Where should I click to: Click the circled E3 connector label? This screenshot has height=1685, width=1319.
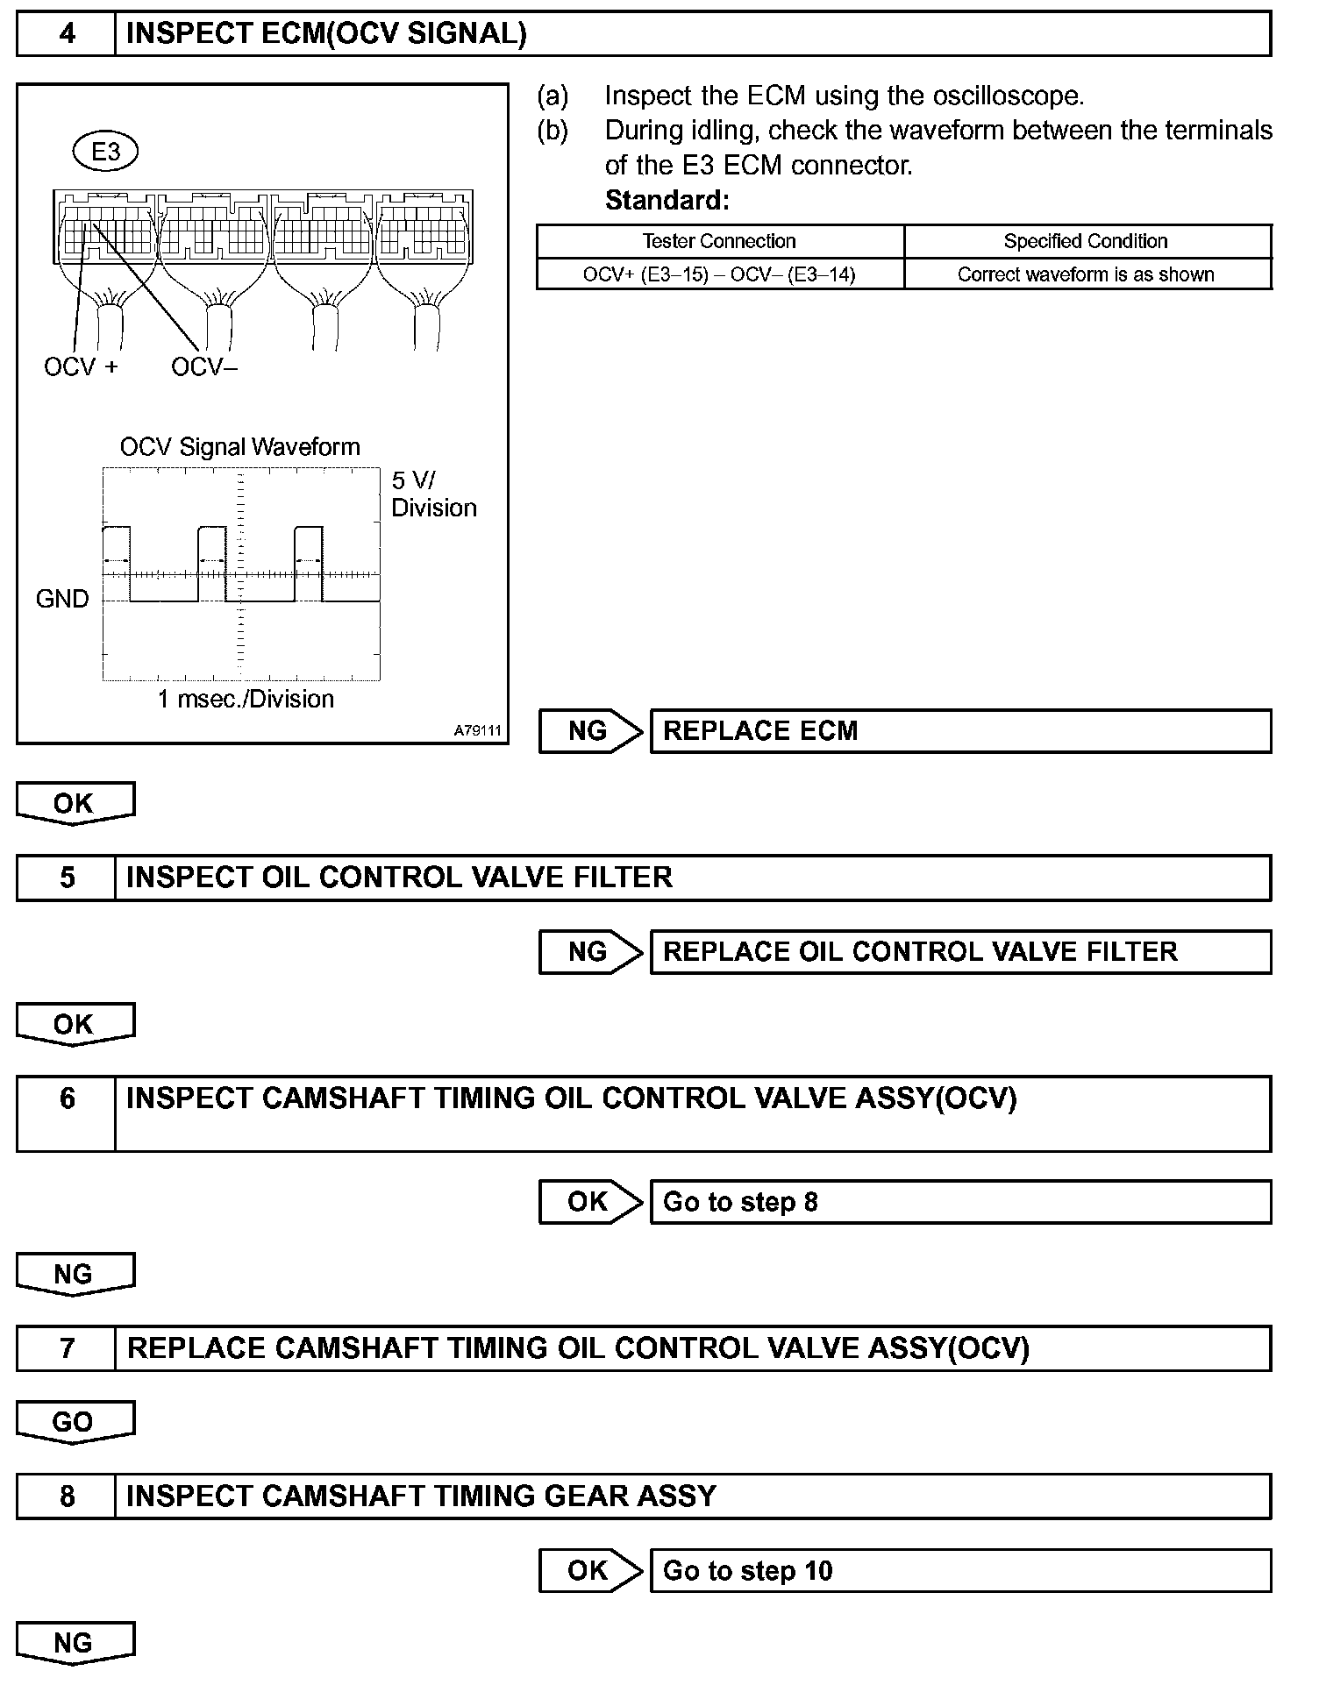pos(105,152)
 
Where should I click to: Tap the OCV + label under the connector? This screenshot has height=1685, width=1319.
pos(80,366)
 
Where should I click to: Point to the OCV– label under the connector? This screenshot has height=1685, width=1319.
pos(204,366)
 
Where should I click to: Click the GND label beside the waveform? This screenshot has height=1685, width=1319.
pos(62,599)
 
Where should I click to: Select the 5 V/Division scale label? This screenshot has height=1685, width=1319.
pos(433,494)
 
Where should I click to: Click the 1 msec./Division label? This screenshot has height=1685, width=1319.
pos(246,699)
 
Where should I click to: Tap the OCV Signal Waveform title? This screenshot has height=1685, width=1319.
pos(239,447)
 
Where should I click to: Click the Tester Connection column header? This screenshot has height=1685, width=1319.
pos(719,241)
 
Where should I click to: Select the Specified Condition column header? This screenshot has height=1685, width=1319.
pos(1086,241)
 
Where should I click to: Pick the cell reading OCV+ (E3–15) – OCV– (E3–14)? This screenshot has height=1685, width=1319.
pos(719,274)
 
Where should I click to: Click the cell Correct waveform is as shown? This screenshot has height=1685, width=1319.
pos(1086,274)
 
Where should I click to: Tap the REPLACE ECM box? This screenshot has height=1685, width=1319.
pos(960,731)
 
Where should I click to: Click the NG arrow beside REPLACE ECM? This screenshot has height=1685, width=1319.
pos(589,731)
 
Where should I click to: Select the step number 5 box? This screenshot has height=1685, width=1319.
pos(67,878)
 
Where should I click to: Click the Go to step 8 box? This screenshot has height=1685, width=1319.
pos(960,1201)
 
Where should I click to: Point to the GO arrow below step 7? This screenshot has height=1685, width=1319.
pos(74,1421)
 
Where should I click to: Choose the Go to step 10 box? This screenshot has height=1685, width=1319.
pos(960,1570)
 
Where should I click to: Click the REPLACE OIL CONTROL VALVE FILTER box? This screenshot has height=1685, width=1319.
pos(960,952)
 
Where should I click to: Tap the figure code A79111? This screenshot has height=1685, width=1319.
pos(478,730)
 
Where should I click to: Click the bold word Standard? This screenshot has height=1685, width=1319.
pos(667,201)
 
